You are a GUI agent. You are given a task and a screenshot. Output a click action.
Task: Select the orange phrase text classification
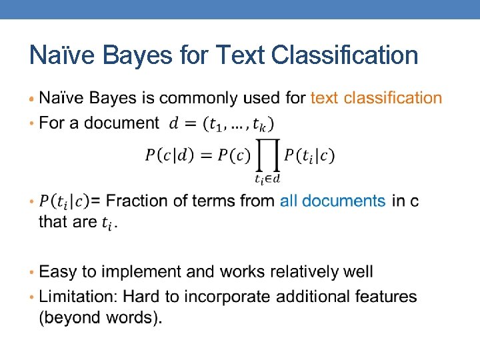[x=376, y=98]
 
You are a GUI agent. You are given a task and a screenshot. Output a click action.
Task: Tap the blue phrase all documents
[x=333, y=201]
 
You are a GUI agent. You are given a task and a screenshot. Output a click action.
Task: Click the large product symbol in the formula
[x=267, y=157]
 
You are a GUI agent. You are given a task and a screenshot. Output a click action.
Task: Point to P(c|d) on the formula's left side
[x=170, y=156]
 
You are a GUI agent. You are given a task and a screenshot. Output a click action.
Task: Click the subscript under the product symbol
[x=267, y=178]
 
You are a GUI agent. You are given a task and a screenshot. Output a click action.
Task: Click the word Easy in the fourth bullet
[x=58, y=272]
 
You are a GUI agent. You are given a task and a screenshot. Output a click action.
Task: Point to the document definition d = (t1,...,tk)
[x=221, y=124]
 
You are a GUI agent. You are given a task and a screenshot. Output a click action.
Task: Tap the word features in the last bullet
[x=384, y=297]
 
